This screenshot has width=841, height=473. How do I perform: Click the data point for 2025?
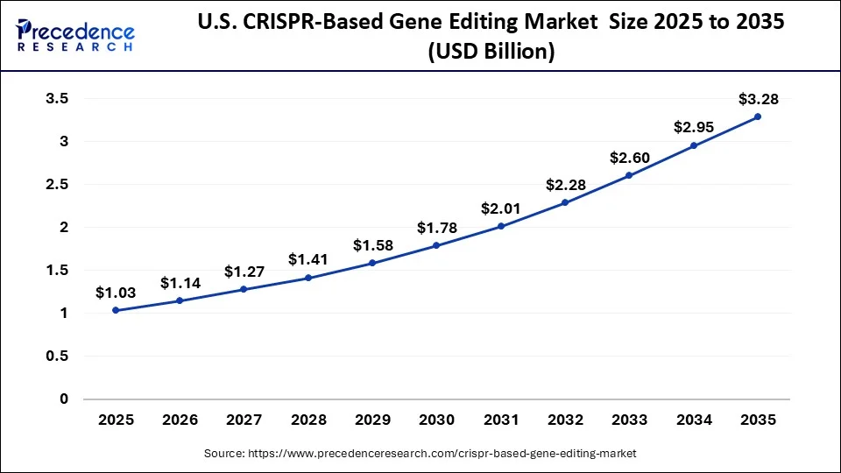(116, 310)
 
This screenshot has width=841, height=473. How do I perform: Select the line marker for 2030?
(436, 245)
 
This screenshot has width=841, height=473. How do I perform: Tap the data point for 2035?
(758, 116)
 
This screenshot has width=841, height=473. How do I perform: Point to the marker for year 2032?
(565, 202)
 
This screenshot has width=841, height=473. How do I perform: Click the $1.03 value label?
(116, 293)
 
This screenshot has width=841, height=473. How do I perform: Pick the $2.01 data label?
(501, 208)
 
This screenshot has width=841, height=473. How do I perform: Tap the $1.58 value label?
(372, 244)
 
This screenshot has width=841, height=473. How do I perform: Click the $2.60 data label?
(629, 158)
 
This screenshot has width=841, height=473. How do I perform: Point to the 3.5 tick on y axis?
(57, 99)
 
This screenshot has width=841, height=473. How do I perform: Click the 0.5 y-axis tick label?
(57, 357)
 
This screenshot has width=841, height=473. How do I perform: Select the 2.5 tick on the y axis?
(57, 185)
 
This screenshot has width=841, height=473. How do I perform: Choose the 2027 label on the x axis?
(244, 420)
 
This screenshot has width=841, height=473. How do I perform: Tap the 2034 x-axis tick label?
(694, 420)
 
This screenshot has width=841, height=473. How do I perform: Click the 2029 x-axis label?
(372, 420)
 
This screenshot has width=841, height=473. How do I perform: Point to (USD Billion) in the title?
(491, 53)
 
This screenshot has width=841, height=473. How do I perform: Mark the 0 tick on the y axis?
(63, 399)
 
